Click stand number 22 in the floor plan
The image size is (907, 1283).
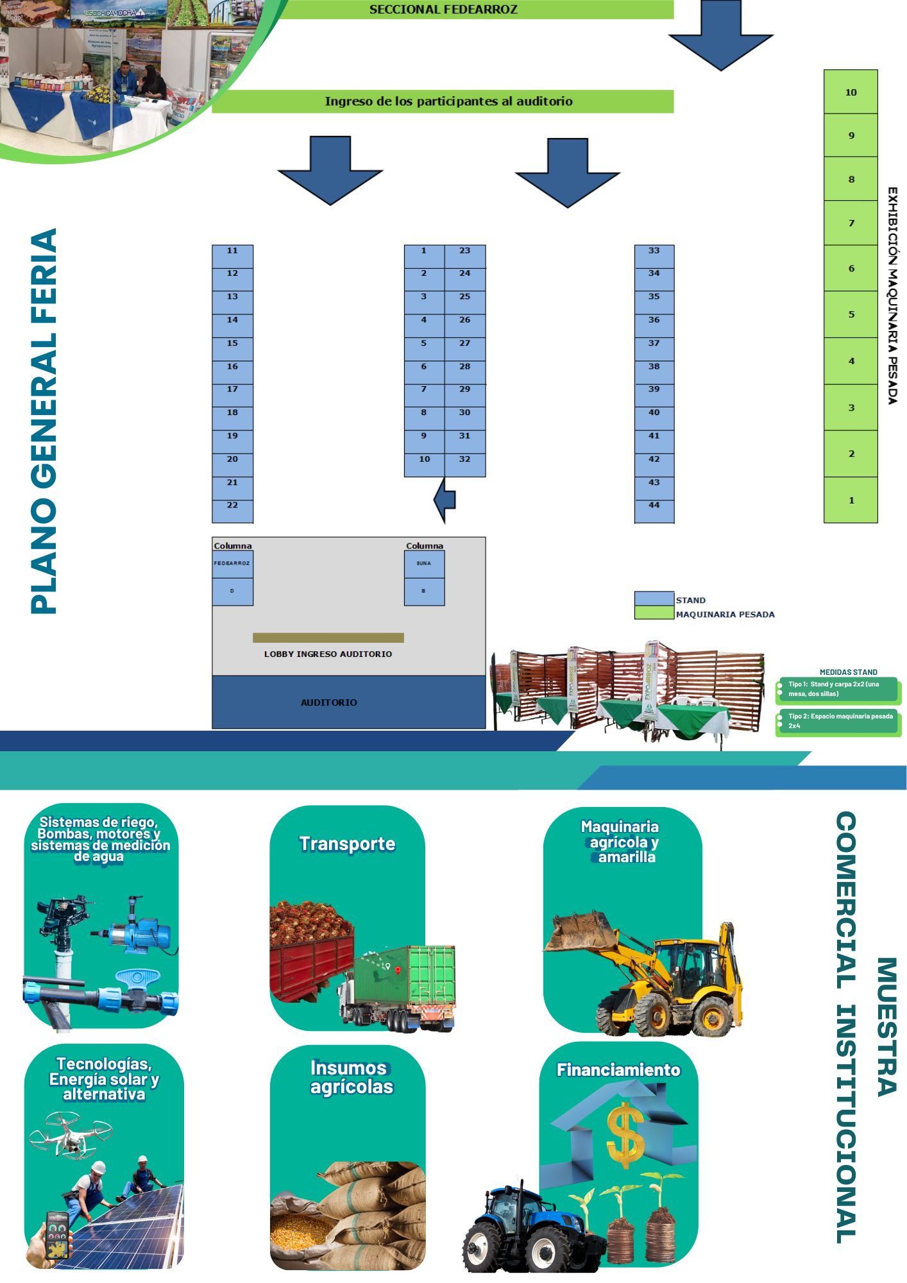[x=232, y=511]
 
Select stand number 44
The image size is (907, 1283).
[x=654, y=511]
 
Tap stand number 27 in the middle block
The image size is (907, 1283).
[x=464, y=348]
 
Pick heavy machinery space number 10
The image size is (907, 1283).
[x=851, y=92]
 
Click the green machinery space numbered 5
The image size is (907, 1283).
[x=851, y=314]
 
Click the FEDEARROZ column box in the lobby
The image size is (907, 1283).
[x=232, y=564]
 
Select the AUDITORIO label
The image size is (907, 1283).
[x=328, y=702]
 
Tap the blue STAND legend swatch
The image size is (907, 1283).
[x=654, y=598]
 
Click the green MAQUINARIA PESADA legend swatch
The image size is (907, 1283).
[x=654, y=613]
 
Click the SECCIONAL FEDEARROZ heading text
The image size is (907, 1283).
[x=443, y=10]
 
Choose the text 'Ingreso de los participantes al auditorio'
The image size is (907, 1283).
[x=448, y=101]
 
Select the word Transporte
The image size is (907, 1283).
[x=347, y=844]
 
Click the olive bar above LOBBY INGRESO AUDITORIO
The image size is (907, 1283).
[x=328, y=638]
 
